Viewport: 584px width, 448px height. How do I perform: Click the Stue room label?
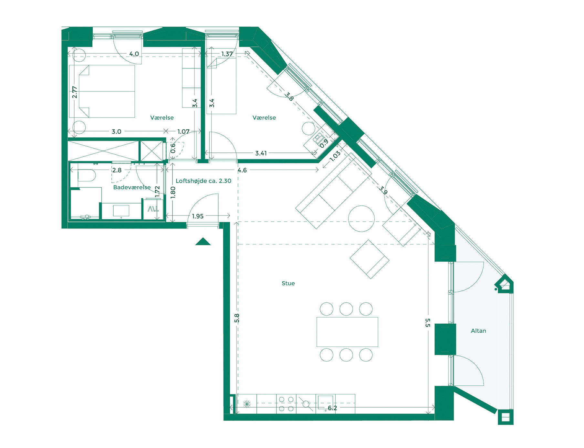click(x=288, y=283)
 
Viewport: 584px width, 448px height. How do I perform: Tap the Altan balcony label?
click(x=478, y=331)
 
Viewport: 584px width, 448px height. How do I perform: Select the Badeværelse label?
click(x=132, y=187)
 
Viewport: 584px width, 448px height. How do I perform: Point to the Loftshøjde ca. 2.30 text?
click(x=203, y=181)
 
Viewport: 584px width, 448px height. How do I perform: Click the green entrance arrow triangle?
click(x=203, y=242)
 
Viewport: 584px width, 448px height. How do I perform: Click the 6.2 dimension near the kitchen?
click(x=332, y=408)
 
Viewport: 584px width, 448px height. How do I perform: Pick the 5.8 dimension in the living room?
click(x=237, y=318)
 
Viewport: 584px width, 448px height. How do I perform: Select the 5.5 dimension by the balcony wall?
click(x=427, y=323)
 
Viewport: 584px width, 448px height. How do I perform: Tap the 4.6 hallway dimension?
click(x=242, y=170)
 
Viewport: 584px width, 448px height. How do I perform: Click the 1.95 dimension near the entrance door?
click(x=198, y=216)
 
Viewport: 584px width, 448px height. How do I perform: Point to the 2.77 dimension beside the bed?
click(x=75, y=92)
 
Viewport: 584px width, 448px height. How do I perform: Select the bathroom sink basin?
click(x=121, y=211)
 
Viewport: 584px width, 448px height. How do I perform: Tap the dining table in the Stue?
click(x=347, y=332)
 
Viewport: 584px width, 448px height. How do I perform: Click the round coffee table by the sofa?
click(x=361, y=219)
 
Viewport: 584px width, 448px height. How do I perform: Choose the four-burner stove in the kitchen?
click(x=286, y=404)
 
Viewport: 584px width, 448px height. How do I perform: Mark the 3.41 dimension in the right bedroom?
click(x=261, y=153)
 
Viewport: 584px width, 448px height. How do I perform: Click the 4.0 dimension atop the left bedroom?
click(x=134, y=54)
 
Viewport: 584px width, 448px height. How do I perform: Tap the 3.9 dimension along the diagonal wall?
click(x=383, y=190)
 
